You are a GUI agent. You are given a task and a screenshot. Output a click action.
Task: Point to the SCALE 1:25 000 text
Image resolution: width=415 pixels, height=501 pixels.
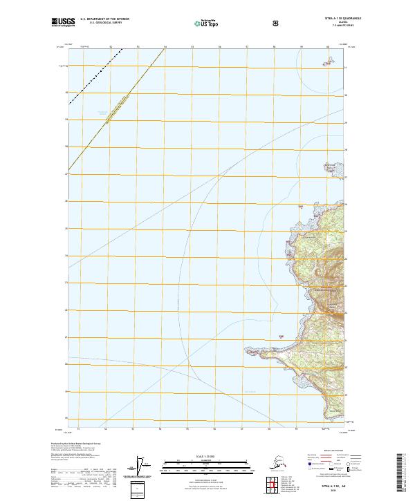tap(207, 457)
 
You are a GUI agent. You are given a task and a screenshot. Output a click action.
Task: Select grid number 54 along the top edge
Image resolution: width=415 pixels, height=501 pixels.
tap(165, 47)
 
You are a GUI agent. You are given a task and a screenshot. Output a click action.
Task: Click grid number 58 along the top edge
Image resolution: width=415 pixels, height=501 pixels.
tap(275, 47)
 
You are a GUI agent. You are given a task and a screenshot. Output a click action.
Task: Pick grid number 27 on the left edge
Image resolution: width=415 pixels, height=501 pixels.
tap(66, 174)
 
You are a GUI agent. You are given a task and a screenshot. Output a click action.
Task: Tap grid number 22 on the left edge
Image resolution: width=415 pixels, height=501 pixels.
tap(66, 310)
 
